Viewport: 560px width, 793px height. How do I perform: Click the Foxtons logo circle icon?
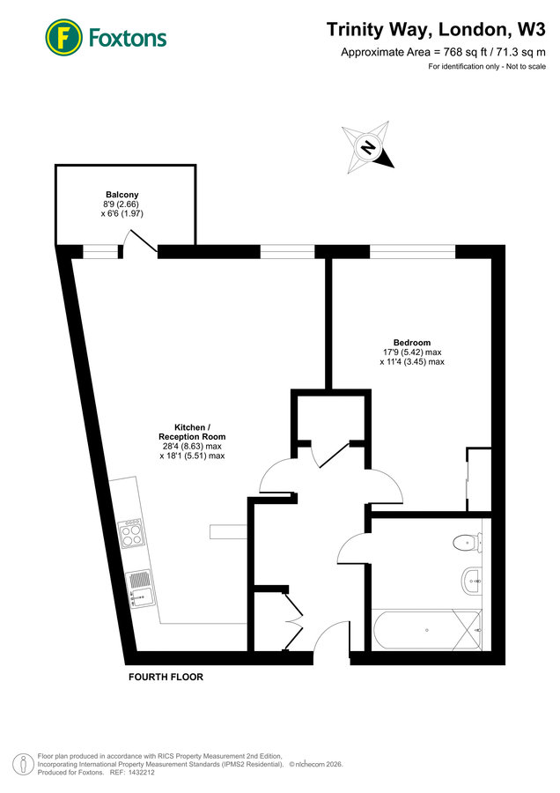(x=63, y=37)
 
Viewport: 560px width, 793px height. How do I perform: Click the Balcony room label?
(x=122, y=195)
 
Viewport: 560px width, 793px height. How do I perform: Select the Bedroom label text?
(x=412, y=342)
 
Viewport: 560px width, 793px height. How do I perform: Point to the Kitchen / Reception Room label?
(x=192, y=432)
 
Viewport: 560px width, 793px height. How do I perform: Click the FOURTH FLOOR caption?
(x=166, y=678)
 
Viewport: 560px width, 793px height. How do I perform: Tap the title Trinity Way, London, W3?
(x=436, y=29)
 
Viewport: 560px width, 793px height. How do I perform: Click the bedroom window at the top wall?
(x=412, y=252)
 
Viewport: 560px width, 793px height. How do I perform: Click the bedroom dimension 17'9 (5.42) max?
(x=412, y=352)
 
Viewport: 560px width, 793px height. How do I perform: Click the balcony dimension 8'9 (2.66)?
(x=122, y=204)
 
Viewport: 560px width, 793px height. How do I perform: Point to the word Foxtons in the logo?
(x=127, y=38)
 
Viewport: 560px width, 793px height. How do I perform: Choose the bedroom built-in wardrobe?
(x=478, y=480)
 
